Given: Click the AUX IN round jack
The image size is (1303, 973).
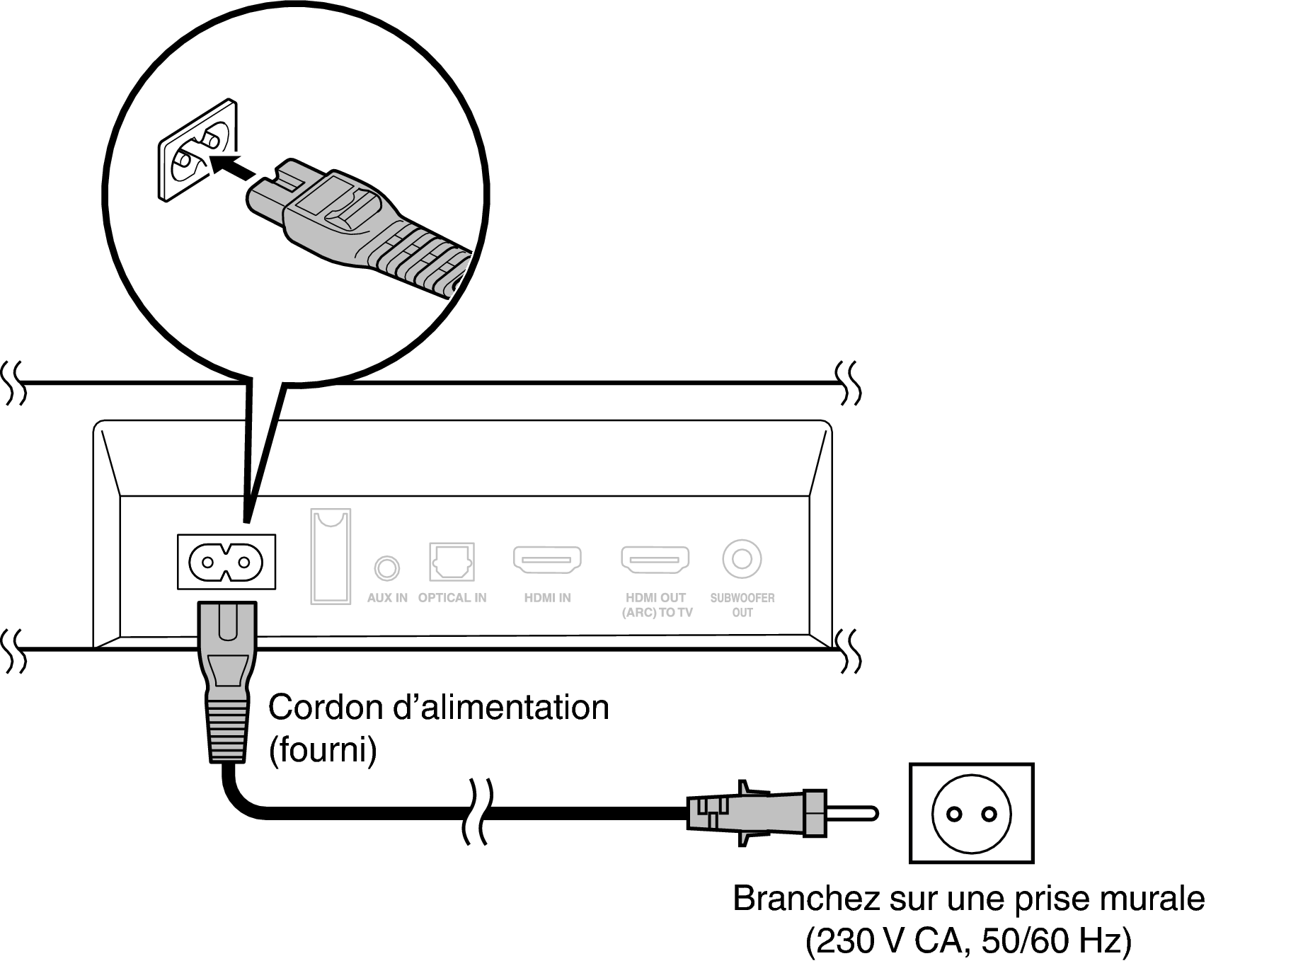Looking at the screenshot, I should click(x=386, y=567).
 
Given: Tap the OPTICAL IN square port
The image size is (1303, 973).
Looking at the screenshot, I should click(x=452, y=562).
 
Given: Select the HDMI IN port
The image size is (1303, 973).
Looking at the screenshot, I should click(x=547, y=559).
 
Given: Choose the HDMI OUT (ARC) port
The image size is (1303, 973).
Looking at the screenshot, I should click(x=655, y=559).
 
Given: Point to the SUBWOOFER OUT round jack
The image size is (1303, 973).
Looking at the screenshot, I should click(x=742, y=559).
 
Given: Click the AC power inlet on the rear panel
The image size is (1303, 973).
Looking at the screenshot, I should click(x=226, y=562).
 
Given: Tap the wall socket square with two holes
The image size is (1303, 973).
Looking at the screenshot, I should click(x=971, y=813).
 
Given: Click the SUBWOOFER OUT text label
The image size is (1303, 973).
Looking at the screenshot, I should click(x=742, y=605).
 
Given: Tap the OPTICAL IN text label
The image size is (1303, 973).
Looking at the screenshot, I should click(x=452, y=598).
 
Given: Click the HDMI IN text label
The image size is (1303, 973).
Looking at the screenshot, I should click(x=547, y=598).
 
